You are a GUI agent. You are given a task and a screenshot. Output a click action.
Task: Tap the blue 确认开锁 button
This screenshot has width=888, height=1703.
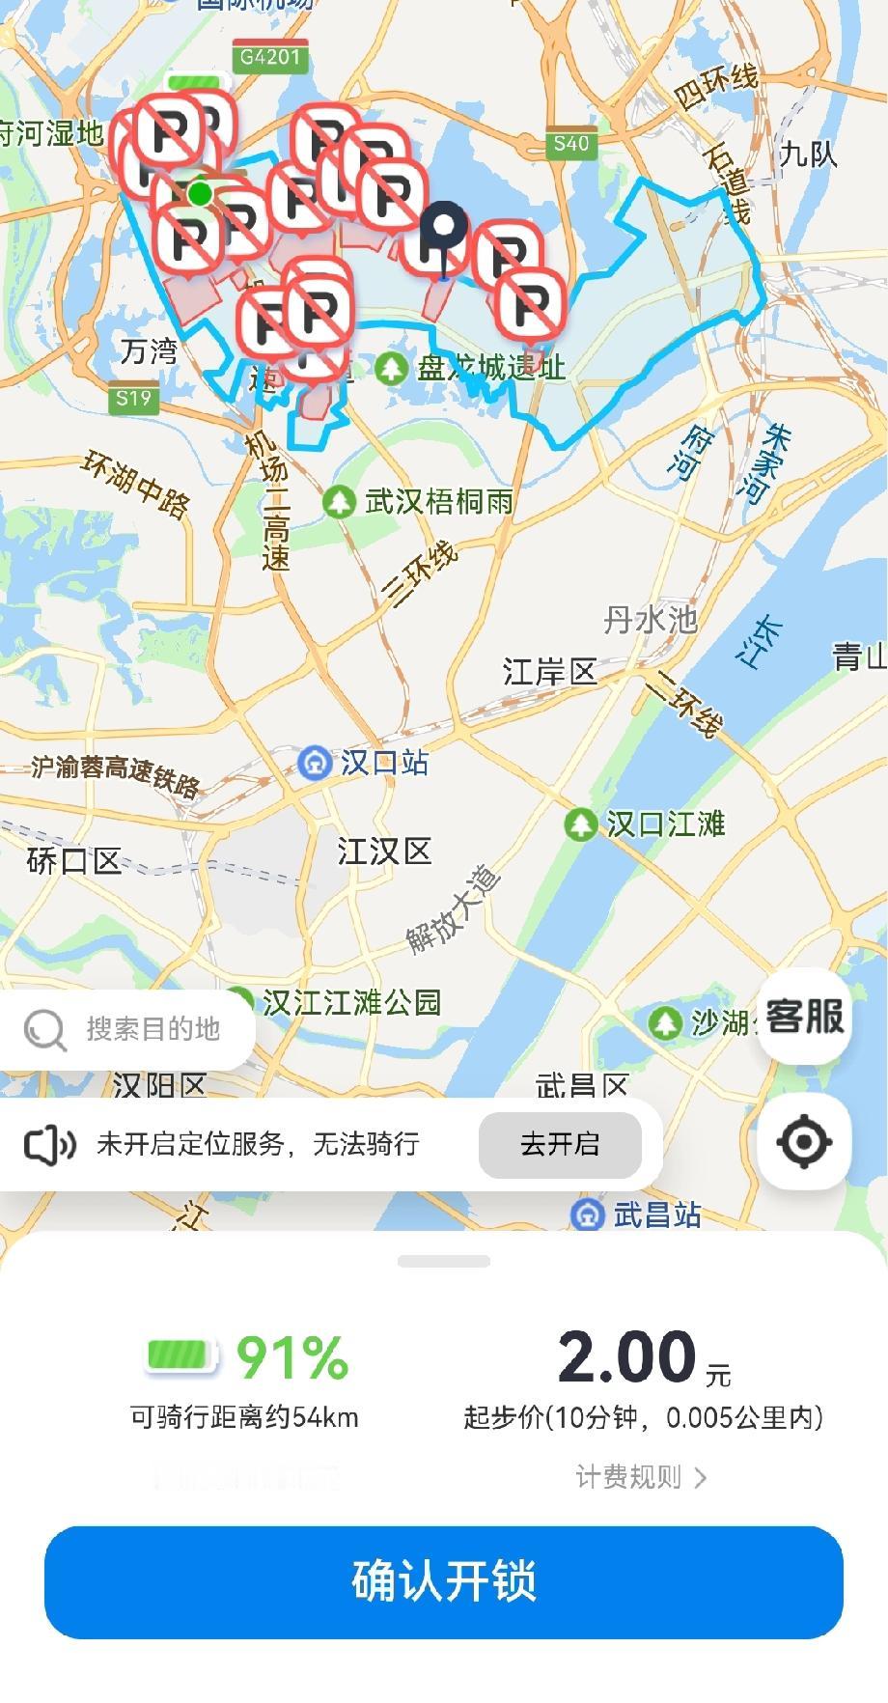(x=444, y=1581)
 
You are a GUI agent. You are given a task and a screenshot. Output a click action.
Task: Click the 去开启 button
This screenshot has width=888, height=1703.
(x=560, y=1144)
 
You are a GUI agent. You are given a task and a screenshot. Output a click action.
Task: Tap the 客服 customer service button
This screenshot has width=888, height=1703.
(x=804, y=1017)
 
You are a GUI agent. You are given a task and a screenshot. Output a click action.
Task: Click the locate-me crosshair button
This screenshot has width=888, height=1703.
(x=803, y=1142)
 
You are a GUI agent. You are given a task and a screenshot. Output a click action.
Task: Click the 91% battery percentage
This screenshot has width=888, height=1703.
(x=291, y=1357)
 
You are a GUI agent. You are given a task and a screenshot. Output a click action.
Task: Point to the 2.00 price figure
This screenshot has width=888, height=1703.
(x=627, y=1356)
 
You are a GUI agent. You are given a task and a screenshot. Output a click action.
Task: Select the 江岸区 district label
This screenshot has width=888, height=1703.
(x=549, y=671)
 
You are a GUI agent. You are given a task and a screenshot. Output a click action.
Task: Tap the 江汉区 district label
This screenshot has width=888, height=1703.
(x=384, y=851)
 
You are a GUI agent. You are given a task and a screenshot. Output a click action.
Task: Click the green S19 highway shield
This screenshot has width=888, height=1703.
(x=133, y=398)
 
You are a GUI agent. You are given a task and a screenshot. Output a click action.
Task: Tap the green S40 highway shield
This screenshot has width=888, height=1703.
(x=570, y=143)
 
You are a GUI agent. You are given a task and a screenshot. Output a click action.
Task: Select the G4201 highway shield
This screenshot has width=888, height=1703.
(x=270, y=57)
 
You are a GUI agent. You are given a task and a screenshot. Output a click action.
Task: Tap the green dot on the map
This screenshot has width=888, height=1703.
(x=200, y=193)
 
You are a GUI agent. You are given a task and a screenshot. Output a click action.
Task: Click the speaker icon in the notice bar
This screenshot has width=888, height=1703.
(x=49, y=1145)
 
